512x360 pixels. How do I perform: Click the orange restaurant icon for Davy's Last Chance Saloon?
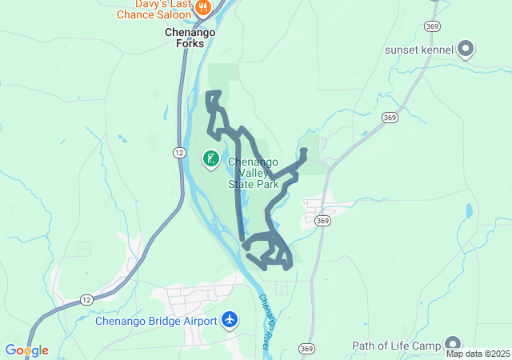pyautogui.click(x=203, y=7)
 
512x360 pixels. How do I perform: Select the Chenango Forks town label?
pyautogui.click(x=184, y=38)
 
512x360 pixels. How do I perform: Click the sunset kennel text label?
pyautogui.click(x=419, y=50)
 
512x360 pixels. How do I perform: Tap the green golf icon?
pyautogui.click(x=210, y=158)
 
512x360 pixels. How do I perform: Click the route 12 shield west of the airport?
pyautogui.click(x=86, y=299)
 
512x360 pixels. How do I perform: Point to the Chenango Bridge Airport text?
pyautogui.click(x=156, y=322)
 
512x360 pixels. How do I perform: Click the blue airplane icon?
pyautogui.click(x=230, y=320)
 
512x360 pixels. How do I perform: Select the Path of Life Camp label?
pyautogui.click(x=396, y=346)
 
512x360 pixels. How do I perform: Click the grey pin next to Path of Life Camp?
pyautogui.click(x=453, y=345)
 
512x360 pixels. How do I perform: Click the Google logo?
pyautogui.click(x=26, y=350)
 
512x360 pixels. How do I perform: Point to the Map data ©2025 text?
pyautogui.click(x=478, y=354)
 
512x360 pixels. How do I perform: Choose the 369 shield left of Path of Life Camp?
pyautogui.click(x=305, y=349)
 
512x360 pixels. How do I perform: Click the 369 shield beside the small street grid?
pyautogui.click(x=322, y=221)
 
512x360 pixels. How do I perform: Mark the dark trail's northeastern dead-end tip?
pyautogui.click(x=303, y=150)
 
